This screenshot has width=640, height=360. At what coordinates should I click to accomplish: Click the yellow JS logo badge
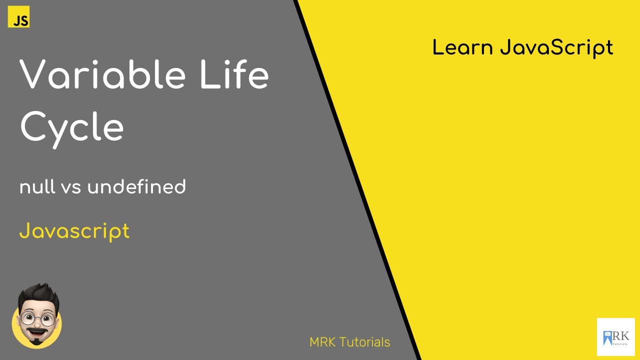point(19,17)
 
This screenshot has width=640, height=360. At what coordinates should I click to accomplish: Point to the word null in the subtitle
point(37,187)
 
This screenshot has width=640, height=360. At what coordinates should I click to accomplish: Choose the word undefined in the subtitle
point(136,187)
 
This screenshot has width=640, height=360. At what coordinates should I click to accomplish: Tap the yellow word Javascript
point(74,231)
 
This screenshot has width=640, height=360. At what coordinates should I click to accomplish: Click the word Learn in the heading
point(462,47)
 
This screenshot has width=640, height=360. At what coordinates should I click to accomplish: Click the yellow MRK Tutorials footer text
point(349,342)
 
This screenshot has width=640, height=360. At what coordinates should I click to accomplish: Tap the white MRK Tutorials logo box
point(615,336)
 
